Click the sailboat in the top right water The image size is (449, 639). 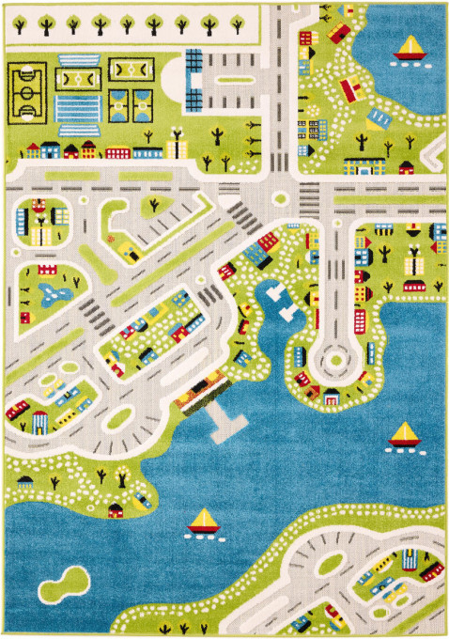410,48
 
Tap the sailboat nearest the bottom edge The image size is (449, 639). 202,522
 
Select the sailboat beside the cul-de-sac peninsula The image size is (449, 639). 404,435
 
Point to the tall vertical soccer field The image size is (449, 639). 26,94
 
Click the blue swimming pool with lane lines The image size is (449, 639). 79,109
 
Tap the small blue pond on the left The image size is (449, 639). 46,297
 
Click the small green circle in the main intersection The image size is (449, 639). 279,198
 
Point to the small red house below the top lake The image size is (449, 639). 406,168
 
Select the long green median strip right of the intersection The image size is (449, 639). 385,199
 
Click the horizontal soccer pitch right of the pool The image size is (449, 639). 131,69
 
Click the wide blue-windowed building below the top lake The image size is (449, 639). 364,166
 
